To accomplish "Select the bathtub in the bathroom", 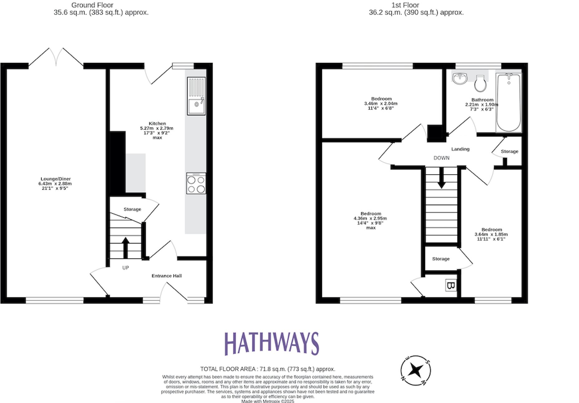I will (508, 102).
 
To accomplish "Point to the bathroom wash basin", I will (460, 79).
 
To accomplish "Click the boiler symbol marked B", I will (450, 285).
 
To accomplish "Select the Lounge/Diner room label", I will (56, 179).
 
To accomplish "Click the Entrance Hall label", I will (166, 276).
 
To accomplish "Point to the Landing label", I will (460, 149).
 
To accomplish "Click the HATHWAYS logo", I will (272, 343).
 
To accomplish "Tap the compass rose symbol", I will (416, 370).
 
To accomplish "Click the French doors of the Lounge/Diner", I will (56, 58).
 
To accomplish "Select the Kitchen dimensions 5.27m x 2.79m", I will (157, 128).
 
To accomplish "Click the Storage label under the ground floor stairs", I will (132, 209).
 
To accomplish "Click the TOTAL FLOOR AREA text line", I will (267, 369).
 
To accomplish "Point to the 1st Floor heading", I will (405, 5).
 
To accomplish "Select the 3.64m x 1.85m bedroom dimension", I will (491, 234).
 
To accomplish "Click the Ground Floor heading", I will (92, 5).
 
